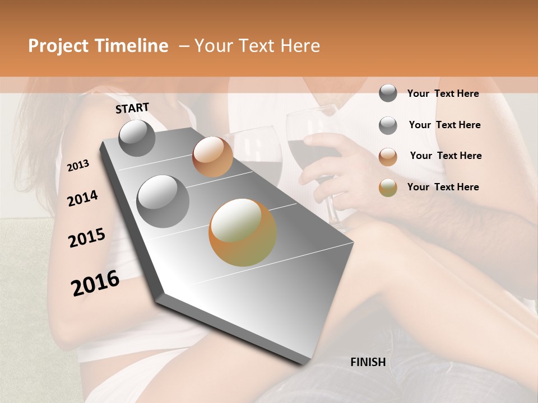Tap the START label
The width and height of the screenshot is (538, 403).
(x=132, y=108)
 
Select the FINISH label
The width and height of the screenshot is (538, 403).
(x=368, y=362)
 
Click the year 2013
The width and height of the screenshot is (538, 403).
(x=78, y=166)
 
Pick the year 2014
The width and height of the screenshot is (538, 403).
(x=82, y=198)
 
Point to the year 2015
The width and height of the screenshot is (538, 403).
(x=87, y=238)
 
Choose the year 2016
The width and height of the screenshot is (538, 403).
(x=95, y=283)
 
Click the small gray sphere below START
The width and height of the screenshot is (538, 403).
(x=137, y=138)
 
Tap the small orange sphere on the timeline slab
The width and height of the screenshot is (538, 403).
(x=212, y=157)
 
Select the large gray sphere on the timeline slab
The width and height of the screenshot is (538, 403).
(x=163, y=201)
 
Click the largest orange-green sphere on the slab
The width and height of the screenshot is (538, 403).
(x=243, y=232)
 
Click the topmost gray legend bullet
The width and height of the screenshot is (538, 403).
(x=388, y=93)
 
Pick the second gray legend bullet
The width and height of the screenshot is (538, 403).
(x=388, y=125)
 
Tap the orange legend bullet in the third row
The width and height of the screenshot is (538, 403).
(x=388, y=156)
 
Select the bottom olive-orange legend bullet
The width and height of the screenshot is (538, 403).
(x=388, y=188)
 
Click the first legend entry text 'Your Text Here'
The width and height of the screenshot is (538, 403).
(x=443, y=93)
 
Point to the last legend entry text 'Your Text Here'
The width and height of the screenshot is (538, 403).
(x=443, y=187)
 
